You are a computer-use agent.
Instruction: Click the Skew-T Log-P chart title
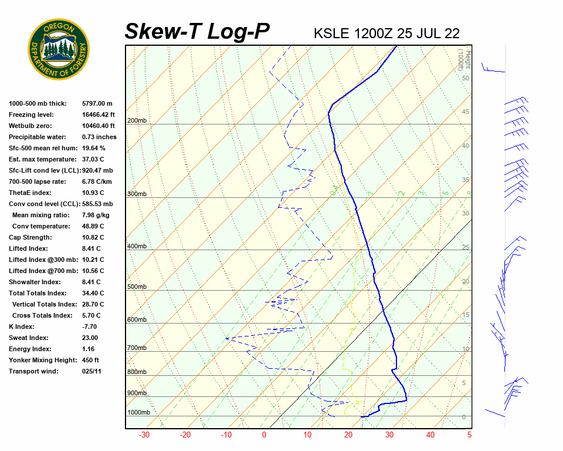tap(197, 32)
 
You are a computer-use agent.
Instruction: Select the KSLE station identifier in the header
tap(333, 33)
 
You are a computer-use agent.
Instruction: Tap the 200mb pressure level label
tap(137, 121)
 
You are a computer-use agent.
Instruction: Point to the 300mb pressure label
tap(137, 194)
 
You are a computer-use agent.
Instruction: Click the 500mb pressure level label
tap(137, 287)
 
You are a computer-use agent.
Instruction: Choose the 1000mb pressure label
tap(138, 412)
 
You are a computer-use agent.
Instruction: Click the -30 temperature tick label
tap(144, 435)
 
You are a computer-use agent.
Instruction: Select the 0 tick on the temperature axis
tap(264, 435)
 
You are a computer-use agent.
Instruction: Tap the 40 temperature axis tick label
tap(430, 435)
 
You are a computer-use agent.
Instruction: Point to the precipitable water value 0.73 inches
tap(99, 137)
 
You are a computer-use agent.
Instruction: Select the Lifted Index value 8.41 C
tap(93, 248)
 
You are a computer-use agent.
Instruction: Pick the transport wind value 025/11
tap(92, 371)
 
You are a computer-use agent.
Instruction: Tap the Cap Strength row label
tap(30, 237)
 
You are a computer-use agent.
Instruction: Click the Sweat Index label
tap(28, 338)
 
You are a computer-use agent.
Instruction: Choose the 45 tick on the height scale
tap(466, 112)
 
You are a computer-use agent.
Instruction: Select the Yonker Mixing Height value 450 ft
tap(90, 360)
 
